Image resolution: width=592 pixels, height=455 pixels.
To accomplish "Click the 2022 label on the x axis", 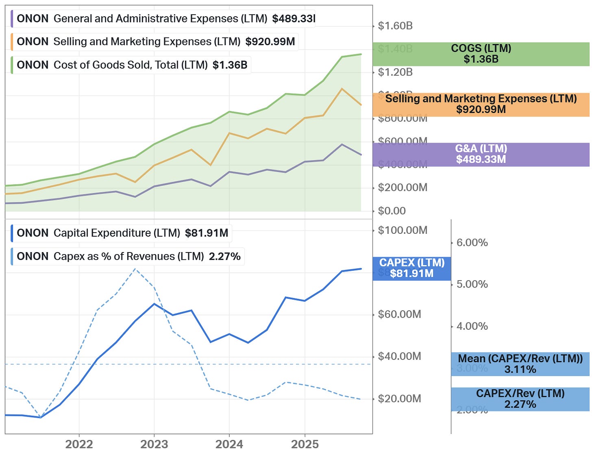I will [x=79, y=444].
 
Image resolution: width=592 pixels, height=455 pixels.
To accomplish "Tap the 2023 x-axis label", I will [x=154, y=444].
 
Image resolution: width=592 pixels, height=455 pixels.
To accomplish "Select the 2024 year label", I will [x=229, y=444].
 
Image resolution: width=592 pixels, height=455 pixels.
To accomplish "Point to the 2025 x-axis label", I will [x=305, y=444].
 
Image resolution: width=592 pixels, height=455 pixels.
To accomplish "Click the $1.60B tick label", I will [x=395, y=26].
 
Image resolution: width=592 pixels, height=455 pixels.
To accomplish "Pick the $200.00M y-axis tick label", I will [x=403, y=187].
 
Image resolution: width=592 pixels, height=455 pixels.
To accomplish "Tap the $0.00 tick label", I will [x=392, y=211].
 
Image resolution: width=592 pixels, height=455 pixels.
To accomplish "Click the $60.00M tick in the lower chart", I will [x=399, y=314].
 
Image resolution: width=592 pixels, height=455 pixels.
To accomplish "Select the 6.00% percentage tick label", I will [x=472, y=243].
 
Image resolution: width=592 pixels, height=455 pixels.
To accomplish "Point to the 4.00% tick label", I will [x=472, y=326].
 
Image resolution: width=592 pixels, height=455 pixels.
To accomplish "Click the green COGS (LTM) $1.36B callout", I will [x=481, y=54].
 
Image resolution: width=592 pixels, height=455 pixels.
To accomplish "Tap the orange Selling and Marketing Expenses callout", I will [x=481, y=104].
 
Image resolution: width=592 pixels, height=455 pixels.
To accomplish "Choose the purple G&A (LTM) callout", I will [x=481, y=154].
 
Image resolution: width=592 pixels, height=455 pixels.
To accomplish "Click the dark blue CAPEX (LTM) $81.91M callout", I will [x=412, y=268].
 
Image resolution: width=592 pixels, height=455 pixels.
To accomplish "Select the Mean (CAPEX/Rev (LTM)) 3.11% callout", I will [x=520, y=364].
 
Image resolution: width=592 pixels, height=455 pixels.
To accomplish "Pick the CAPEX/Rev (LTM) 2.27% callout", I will [x=520, y=399].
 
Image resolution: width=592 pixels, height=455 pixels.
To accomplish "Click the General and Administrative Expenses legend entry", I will [x=163, y=19].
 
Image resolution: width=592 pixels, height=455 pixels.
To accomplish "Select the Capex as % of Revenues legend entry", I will [x=128, y=257].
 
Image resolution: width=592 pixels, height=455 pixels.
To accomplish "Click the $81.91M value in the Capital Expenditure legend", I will [x=207, y=233].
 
